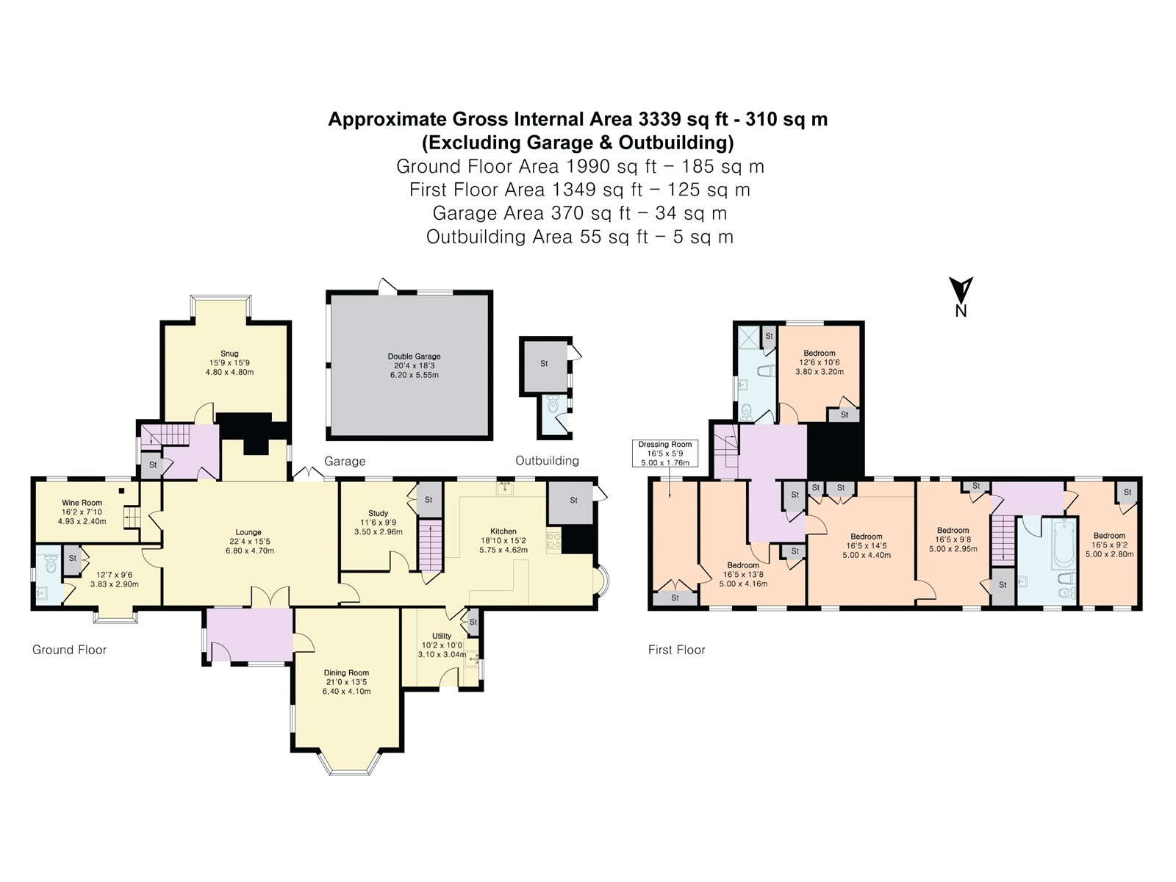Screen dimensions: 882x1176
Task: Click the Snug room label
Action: click(229, 354)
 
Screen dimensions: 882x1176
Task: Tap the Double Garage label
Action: click(415, 356)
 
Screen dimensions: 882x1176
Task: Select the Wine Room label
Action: click(82, 503)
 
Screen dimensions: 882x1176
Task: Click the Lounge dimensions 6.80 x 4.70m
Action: click(248, 551)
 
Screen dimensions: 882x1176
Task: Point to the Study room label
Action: click(378, 513)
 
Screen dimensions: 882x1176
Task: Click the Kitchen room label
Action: click(503, 531)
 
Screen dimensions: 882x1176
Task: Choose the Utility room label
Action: click(442, 636)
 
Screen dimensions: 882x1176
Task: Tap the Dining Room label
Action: click(346, 673)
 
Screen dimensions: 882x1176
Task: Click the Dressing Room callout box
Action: click(664, 453)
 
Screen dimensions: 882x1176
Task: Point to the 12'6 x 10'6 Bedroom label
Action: click(819, 354)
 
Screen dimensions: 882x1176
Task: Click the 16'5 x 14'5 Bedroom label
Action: click(867, 537)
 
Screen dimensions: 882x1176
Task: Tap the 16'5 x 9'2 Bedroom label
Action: click(1109, 536)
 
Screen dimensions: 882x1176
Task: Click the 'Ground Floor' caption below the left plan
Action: click(69, 650)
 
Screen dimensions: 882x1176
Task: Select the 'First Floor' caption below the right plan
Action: click(676, 650)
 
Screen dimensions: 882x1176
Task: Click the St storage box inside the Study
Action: click(429, 500)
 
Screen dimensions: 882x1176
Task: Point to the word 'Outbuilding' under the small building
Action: click(547, 461)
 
